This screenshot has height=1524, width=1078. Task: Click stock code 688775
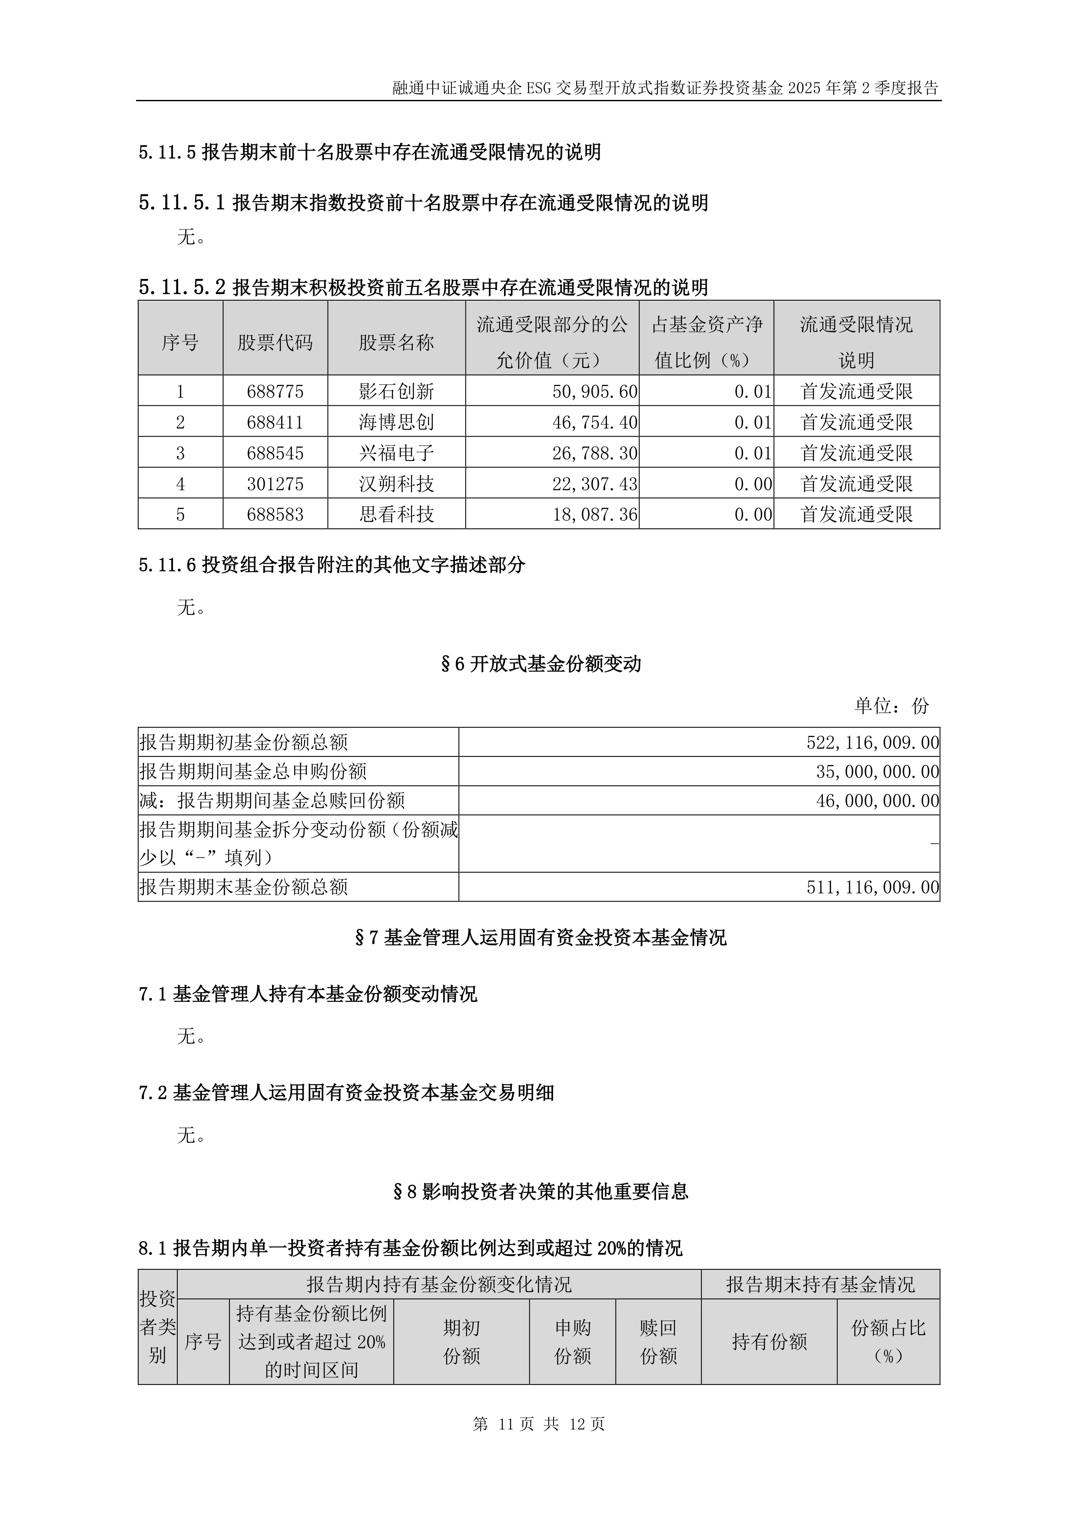click(x=275, y=391)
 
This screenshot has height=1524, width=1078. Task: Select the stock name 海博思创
click(x=396, y=422)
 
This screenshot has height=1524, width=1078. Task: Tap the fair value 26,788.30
click(x=595, y=454)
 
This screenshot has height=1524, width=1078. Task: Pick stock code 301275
click(x=275, y=484)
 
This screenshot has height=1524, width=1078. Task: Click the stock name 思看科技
click(x=396, y=514)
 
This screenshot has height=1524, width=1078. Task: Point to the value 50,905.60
click(x=595, y=391)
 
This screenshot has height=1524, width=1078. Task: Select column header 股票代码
click(x=275, y=342)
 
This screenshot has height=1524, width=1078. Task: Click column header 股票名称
click(x=396, y=342)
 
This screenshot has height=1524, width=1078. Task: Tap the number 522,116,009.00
click(x=872, y=742)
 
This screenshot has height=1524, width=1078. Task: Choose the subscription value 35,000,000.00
click(x=877, y=771)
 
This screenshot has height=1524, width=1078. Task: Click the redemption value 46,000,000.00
click(x=877, y=801)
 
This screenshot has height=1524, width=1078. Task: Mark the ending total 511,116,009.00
click(x=872, y=887)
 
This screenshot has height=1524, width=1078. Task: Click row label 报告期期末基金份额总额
click(x=244, y=887)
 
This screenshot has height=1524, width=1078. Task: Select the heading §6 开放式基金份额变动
click(x=541, y=664)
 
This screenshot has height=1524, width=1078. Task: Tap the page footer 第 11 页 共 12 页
click(x=538, y=1424)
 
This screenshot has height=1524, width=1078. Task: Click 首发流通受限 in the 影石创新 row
click(x=856, y=391)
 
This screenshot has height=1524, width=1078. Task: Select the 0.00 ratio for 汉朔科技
click(x=753, y=484)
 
